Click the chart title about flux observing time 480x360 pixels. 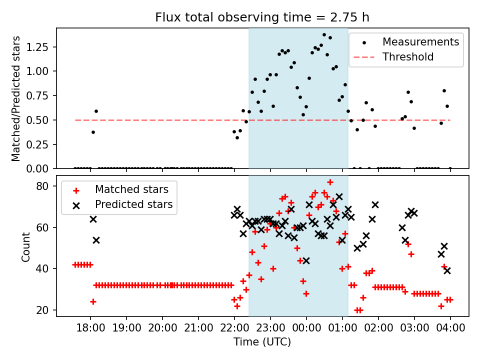(262, 17)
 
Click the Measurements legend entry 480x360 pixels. (420, 42)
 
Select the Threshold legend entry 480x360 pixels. (407, 57)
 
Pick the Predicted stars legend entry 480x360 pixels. (134, 204)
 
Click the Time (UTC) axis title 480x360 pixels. (262, 342)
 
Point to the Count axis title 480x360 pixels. (25, 246)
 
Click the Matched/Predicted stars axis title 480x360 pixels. (16, 98)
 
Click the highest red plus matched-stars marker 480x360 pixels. (330, 182)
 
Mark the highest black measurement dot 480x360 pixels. (324, 35)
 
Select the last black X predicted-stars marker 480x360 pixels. (447, 270)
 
